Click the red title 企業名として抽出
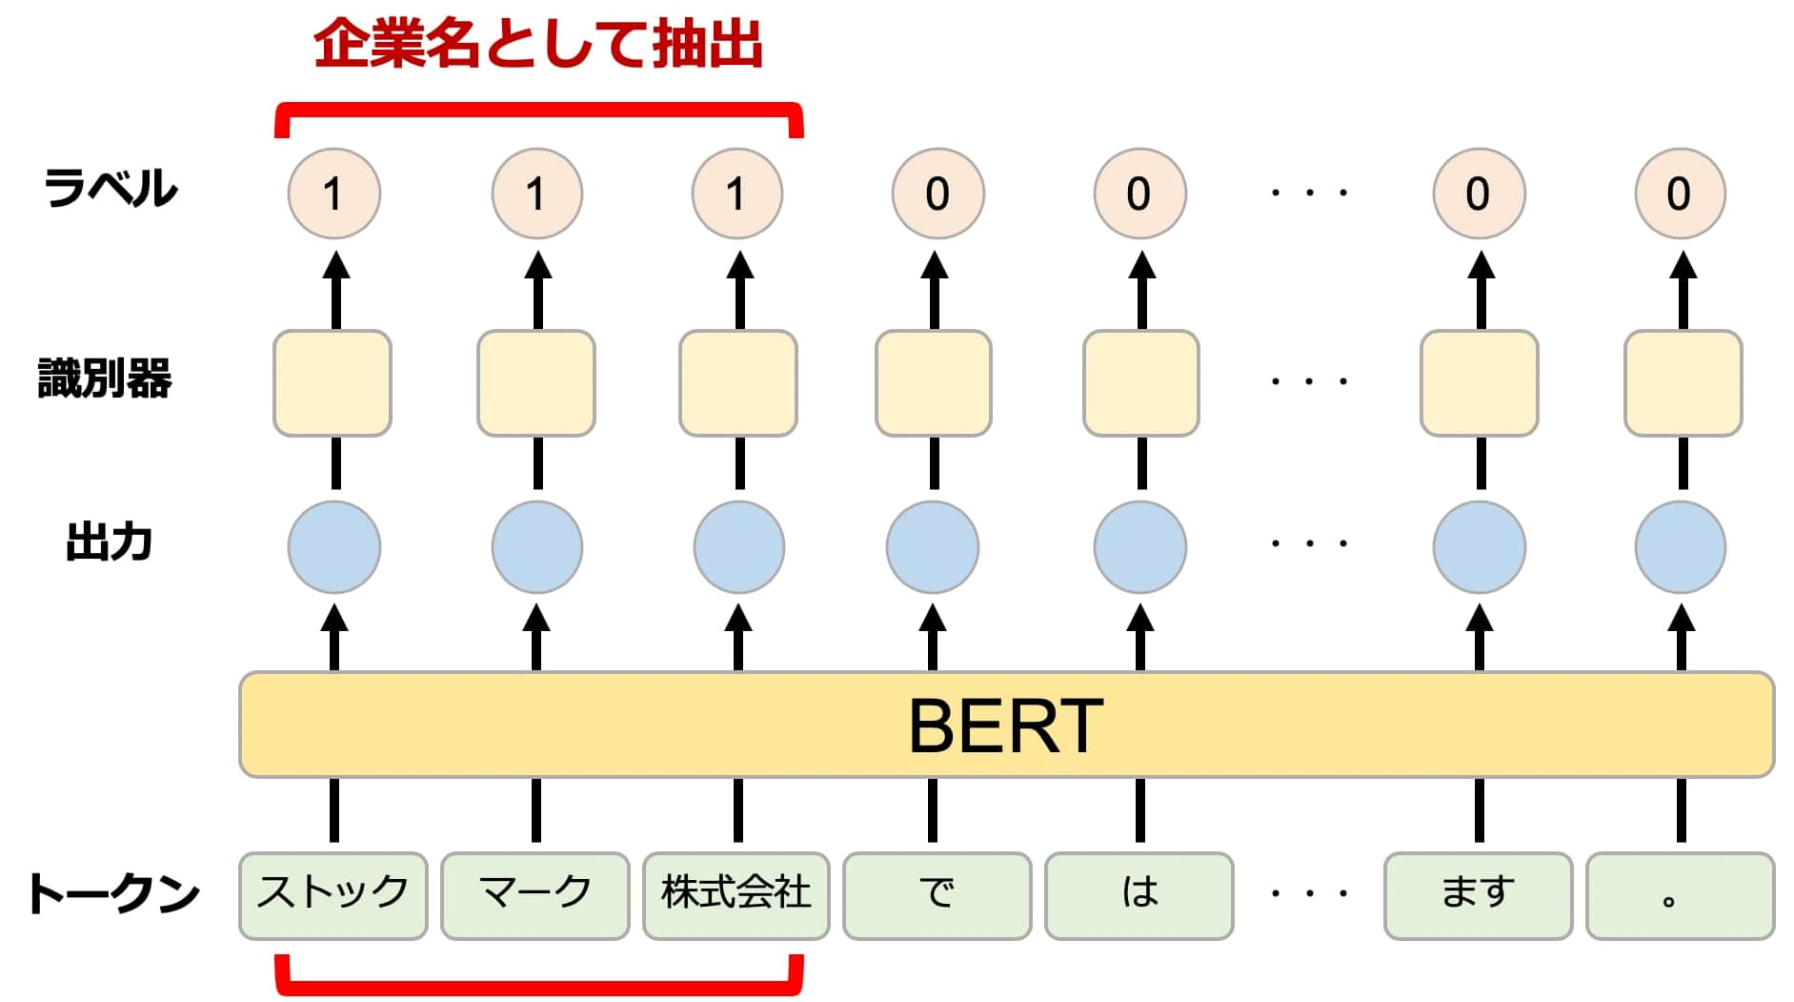[x=538, y=45]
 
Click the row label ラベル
[x=111, y=188]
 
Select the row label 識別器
[x=105, y=378]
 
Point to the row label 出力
[x=110, y=542]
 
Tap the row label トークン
[x=113, y=893]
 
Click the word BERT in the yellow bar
[x=1006, y=726]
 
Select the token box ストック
[x=333, y=895]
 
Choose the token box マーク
[x=535, y=895]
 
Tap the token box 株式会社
[x=736, y=895]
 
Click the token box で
[x=937, y=895]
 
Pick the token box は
[x=1139, y=895]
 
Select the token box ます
[x=1478, y=895]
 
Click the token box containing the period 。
[x=1681, y=895]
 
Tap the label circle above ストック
[x=334, y=194]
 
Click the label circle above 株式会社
[x=737, y=194]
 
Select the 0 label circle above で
[x=938, y=194]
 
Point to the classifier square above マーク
[x=536, y=383]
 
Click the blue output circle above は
[x=1140, y=547]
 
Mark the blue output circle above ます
[x=1480, y=547]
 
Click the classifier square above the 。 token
[x=1683, y=383]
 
